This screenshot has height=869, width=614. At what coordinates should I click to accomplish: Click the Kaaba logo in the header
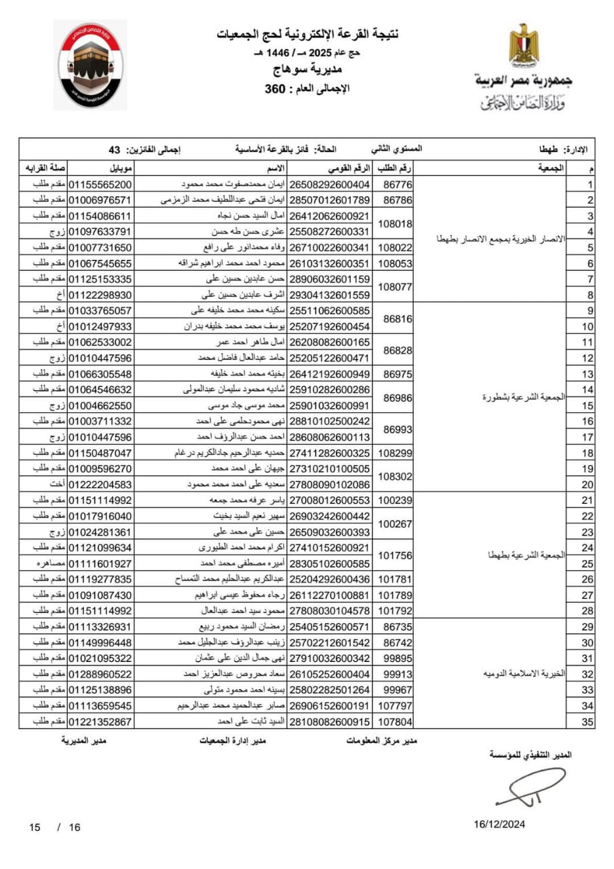pos(90,66)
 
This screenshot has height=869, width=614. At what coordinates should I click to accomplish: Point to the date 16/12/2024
pos(499,824)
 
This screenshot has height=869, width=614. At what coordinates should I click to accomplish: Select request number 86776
pos(398,184)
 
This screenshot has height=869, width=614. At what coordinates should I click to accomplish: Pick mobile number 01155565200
pos(101,184)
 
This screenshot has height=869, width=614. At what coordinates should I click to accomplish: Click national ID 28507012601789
pos(330,200)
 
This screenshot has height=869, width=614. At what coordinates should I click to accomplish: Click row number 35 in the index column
pos(588,721)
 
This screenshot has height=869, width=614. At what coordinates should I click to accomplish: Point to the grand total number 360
pos(276,88)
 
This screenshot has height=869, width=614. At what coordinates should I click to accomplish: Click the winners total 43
pos(114,149)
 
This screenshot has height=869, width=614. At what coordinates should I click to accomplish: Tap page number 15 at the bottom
pos(35,827)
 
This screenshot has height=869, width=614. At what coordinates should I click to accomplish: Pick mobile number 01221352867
pos(101,721)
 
